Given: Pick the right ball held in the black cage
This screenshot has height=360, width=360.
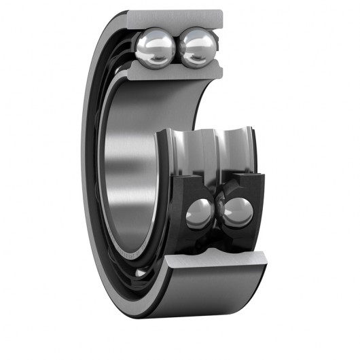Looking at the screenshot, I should [x=238, y=212].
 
